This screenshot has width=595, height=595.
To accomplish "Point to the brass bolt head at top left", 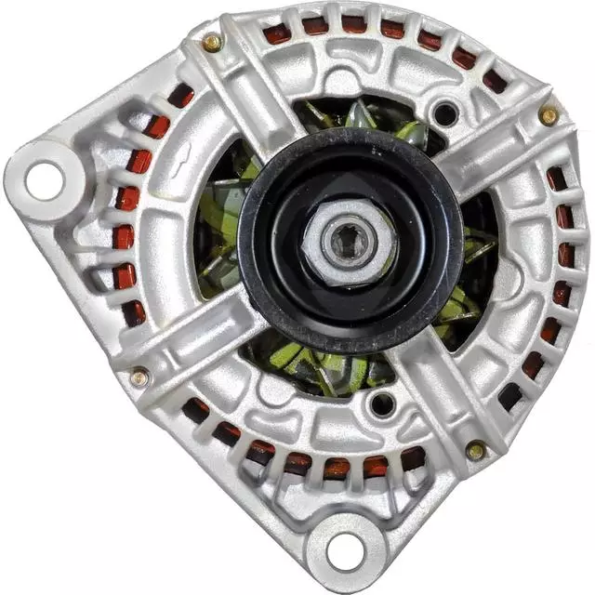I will [x=213, y=42].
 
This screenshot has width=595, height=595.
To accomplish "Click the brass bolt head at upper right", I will [x=549, y=116].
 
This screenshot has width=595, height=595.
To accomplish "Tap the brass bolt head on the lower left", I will [x=139, y=377].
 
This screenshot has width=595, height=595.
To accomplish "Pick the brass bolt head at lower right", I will [x=475, y=451].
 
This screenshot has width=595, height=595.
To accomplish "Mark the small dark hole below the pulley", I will [x=382, y=404].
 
